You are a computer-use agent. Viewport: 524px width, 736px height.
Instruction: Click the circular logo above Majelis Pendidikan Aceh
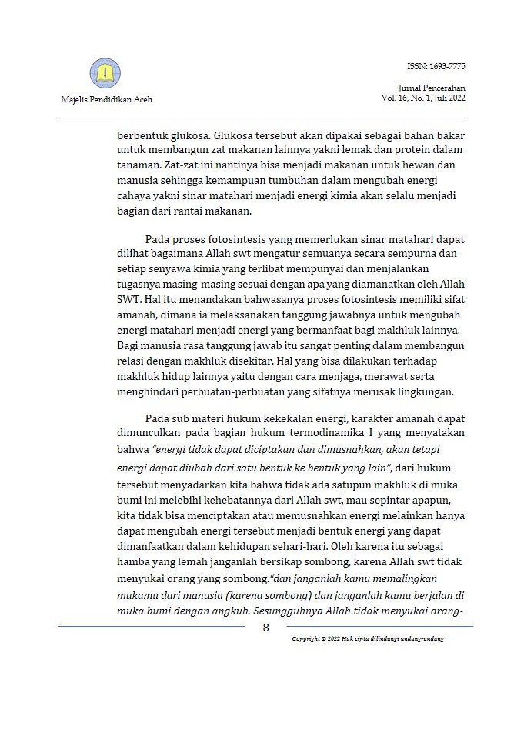tap(105, 74)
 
